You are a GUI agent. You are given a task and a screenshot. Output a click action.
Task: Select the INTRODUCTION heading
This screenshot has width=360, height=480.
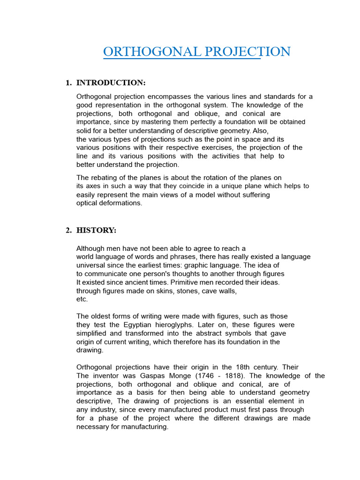click(x=111, y=83)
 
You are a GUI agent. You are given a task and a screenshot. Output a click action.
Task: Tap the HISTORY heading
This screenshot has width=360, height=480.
click(x=96, y=230)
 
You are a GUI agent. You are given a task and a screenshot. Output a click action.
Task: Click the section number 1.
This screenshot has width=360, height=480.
click(x=68, y=83)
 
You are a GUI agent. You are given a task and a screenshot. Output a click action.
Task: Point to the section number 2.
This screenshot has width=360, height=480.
click(x=68, y=230)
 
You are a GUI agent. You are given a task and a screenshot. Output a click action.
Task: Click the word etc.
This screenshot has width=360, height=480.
click(x=82, y=299)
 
